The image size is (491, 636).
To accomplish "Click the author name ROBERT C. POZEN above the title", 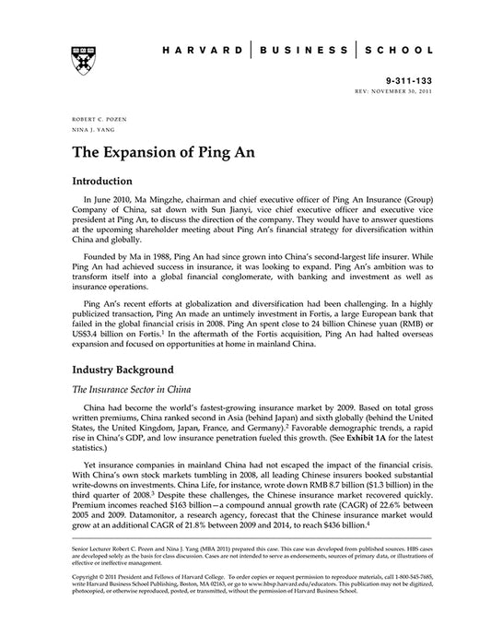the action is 90,122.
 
